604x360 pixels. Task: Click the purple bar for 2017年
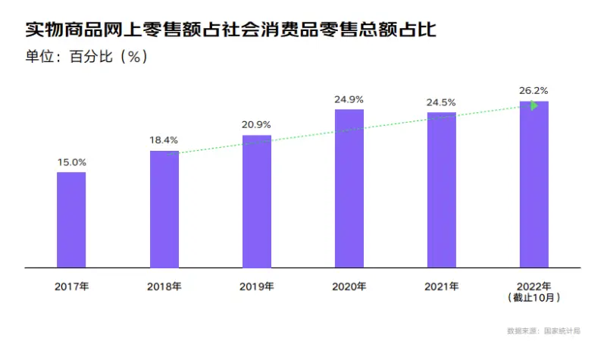[x=71, y=220]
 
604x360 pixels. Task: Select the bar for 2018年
[x=164, y=209]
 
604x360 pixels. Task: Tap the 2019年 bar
[x=256, y=202]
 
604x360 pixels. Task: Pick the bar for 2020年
[x=349, y=189]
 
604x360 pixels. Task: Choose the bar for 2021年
[x=442, y=190]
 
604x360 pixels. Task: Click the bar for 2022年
[x=534, y=185]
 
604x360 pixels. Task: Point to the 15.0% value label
[x=71, y=162]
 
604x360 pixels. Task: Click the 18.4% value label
[x=164, y=140]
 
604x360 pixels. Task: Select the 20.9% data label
[x=256, y=124]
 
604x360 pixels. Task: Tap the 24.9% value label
[x=349, y=99]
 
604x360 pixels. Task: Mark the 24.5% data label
[x=442, y=102]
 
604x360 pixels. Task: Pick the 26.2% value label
[x=534, y=90]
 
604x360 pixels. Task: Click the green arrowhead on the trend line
[x=534, y=106]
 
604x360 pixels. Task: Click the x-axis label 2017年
[x=71, y=287]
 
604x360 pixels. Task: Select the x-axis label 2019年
[x=256, y=287]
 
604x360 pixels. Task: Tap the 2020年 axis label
[x=349, y=287]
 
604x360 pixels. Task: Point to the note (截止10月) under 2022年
[x=534, y=298]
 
